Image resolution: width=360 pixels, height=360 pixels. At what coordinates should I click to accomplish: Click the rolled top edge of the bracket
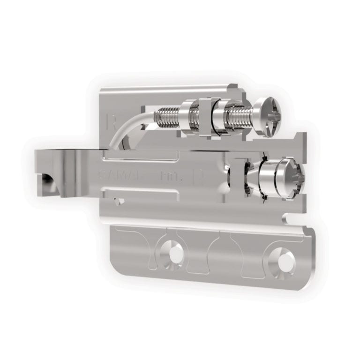tap(169, 89)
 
